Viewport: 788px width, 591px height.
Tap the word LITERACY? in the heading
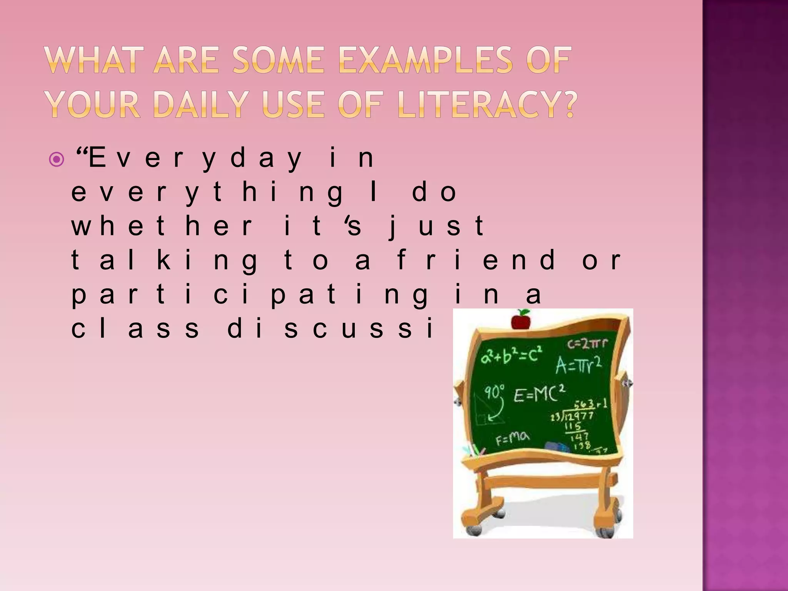point(487,104)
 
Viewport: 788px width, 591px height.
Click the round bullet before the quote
point(57,159)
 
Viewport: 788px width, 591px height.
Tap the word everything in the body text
point(207,192)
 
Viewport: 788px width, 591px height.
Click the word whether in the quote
point(162,226)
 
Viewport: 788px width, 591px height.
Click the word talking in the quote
point(165,260)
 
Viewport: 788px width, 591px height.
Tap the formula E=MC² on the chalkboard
point(539,394)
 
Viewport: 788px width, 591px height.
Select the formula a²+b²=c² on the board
point(511,356)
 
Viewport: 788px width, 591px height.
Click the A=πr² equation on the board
point(578,365)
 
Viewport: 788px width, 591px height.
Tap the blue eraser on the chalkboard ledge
point(558,447)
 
